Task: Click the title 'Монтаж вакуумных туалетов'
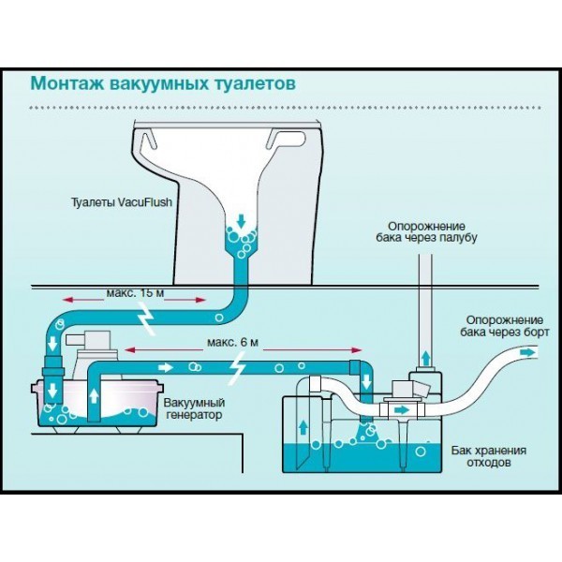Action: (163, 84)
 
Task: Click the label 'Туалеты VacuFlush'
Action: (122, 202)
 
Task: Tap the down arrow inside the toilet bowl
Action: (242, 221)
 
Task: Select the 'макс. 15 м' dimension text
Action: (135, 293)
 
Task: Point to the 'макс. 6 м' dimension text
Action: (232, 342)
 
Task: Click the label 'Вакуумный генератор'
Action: (194, 408)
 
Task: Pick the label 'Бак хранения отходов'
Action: (489, 456)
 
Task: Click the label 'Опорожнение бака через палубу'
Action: (426, 232)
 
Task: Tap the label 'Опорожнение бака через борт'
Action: (505, 326)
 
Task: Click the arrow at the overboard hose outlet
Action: (526, 353)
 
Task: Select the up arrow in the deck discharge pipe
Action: (425, 358)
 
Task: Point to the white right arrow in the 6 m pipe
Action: (165, 367)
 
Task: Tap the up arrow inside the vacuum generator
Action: (94, 396)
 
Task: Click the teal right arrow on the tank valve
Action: (402, 409)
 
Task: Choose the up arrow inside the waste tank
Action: (303, 427)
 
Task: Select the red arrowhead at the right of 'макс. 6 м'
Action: (357, 350)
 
